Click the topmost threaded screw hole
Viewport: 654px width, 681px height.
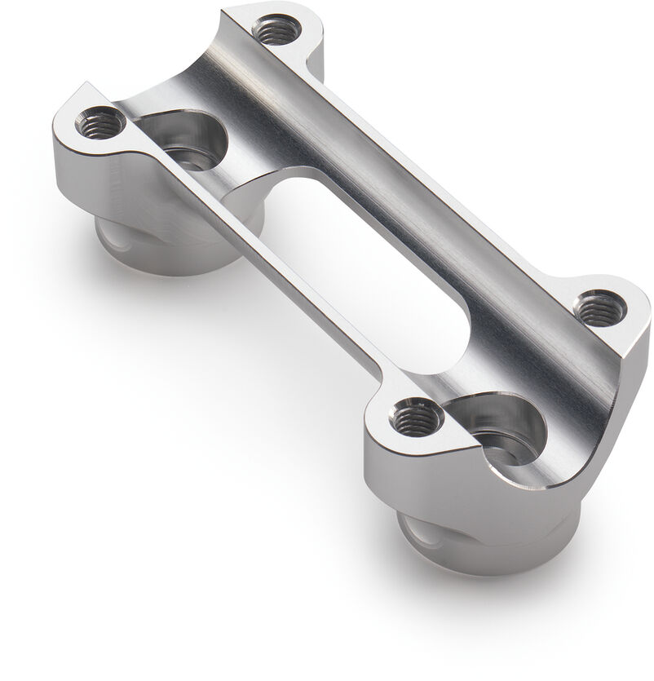pyautogui.click(x=276, y=32)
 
